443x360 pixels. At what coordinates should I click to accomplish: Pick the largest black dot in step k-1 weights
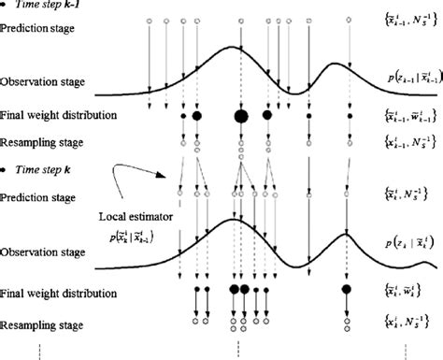point(240,116)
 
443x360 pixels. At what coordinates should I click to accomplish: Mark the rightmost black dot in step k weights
point(347,290)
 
